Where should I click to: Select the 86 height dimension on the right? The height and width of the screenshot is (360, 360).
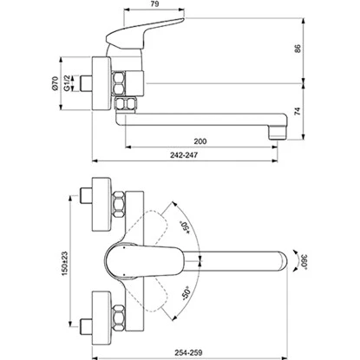(321, 49)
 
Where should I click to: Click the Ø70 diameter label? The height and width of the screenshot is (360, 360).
(56, 84)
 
